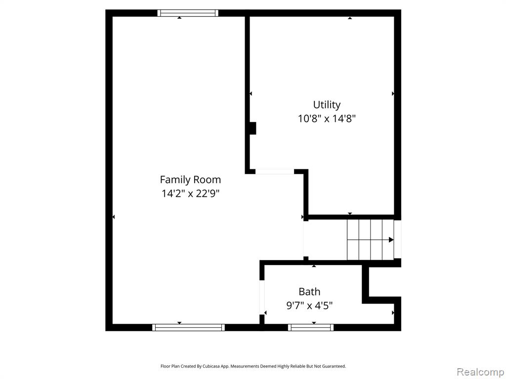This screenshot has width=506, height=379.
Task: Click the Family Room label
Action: (x=190, y=180)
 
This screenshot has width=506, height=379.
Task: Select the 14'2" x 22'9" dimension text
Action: (x=190, y=193)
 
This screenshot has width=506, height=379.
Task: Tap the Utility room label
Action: (x=327, y=105)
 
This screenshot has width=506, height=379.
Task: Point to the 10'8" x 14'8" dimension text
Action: (x=327, y=119)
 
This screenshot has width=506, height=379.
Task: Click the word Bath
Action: (x=309, y=292)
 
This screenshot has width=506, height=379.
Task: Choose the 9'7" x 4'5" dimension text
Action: (x=309, y=305)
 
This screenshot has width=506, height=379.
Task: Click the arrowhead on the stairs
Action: (x=391, y=240)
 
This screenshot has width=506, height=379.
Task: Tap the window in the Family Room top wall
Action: (x=188, y=13)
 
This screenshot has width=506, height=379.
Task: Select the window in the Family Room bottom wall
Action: (x=188, y=328)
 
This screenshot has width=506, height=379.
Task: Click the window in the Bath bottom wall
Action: (x=311, y=328)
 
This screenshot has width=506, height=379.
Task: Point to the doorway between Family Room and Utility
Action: (x=275, y=171)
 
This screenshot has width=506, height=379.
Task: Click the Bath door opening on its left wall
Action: (x=262, y=297)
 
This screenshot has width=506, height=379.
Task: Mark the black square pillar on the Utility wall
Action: (x=253, y=128)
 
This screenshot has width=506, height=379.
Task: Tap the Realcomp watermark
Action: (x=481, y=372)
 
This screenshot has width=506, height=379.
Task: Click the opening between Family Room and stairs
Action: (x=305, y=239)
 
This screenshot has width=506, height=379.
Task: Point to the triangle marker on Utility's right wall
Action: (x=393, y=93)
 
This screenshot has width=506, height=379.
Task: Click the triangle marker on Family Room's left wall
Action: (x=114, y=217)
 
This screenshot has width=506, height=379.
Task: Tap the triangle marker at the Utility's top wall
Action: (x=350, y=18)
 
